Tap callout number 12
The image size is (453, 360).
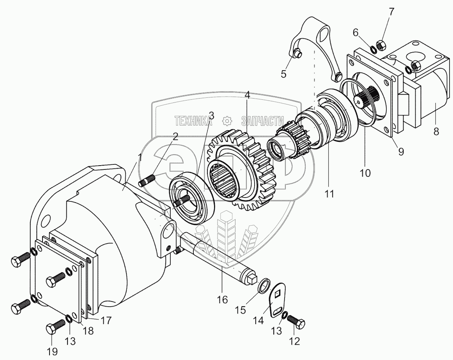pos(294,341)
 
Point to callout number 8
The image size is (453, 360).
pos(436,131)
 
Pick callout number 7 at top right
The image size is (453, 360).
pos(391,11)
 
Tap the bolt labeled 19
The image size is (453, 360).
pos(55,326)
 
